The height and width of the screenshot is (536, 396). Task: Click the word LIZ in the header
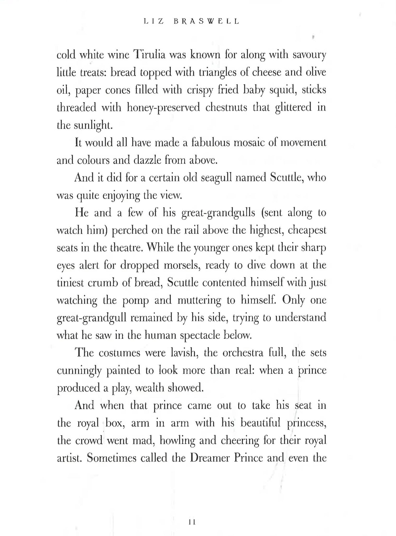click(154, 21)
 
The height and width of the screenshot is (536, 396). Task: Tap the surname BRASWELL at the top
click(206, 21)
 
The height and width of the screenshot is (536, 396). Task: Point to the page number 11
click(192, 522)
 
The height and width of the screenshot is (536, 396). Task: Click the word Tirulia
click(149, 55)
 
